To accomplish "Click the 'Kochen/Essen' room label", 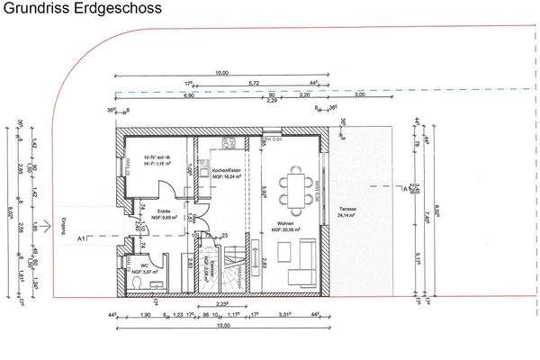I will (225, 174).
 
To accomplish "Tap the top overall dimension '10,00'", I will (222, 74).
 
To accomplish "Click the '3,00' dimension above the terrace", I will (360, 94).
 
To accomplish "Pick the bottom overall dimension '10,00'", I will (221, 327).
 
